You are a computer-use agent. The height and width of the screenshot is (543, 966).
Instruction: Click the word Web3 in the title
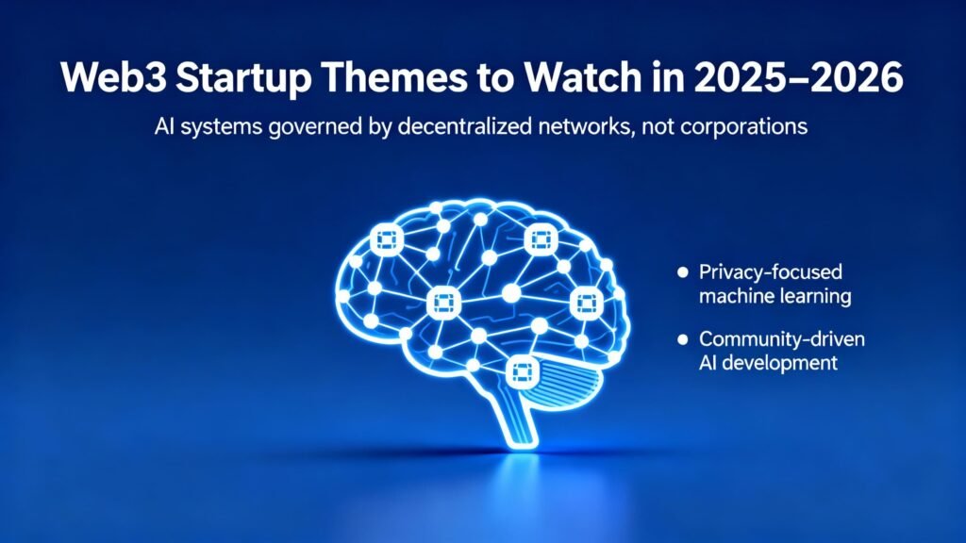(113, 77)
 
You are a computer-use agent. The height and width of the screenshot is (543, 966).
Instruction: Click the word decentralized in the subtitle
(464, 126)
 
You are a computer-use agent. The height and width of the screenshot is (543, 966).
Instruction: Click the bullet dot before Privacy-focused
(683, 272)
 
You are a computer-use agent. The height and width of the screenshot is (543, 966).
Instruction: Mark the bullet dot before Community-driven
(683, 339)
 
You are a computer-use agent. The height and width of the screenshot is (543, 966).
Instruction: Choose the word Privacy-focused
(770, 272)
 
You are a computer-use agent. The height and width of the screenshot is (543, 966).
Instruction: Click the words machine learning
(775, 296)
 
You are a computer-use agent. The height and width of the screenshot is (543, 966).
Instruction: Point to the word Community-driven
(782, 338)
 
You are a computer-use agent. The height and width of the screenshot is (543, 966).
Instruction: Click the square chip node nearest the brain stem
(522, 371)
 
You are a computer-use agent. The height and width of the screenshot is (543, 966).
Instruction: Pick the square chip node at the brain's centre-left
(443, 303)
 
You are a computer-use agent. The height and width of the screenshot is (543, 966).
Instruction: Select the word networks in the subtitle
(583, 126)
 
